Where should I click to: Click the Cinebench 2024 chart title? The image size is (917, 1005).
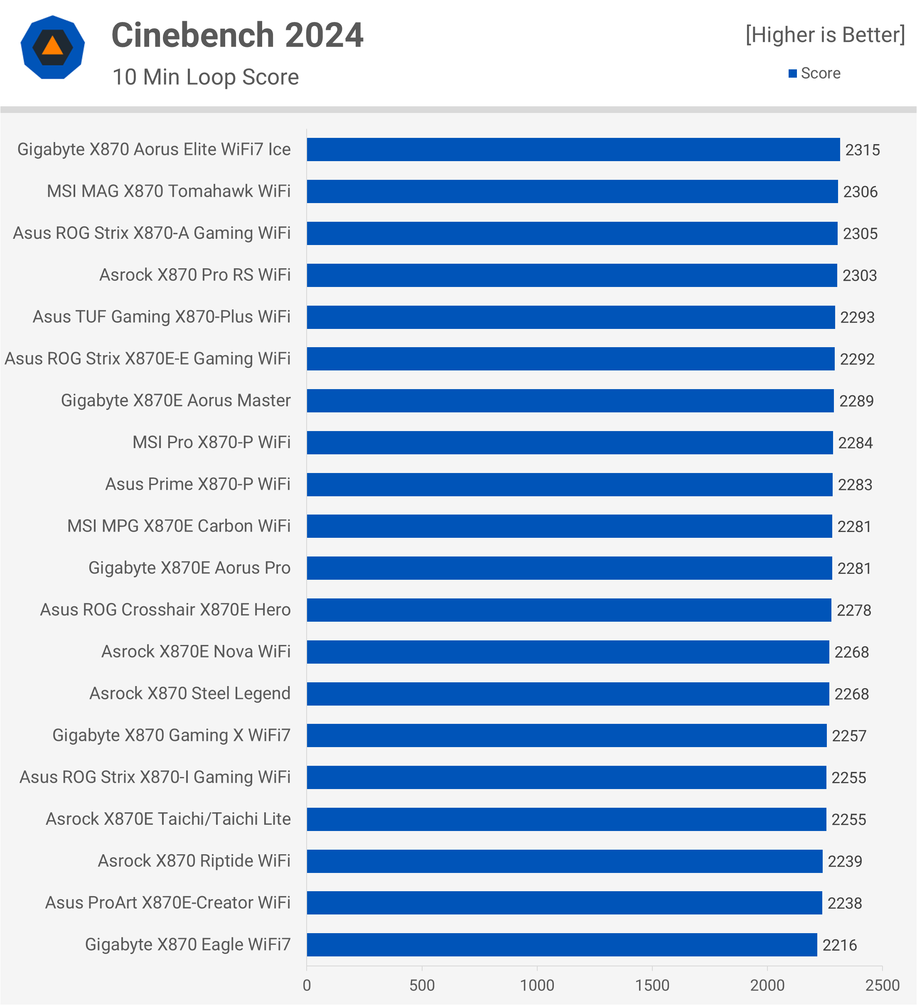click(237, 36)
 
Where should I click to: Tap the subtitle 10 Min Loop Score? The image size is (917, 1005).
click(205, 77)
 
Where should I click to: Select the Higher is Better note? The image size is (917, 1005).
click(825, 35)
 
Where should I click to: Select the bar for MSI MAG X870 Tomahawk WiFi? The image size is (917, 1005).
click(572, 191)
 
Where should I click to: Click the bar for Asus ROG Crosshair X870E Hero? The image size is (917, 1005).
click(568, 610)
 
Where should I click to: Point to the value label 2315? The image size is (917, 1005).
click(862, 150)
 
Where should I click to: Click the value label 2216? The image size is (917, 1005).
click(839, 945)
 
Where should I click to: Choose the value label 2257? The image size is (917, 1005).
click(849, 736)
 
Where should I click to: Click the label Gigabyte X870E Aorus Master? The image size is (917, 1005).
click(175, 401)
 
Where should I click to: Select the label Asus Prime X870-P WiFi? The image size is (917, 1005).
click(197, 485)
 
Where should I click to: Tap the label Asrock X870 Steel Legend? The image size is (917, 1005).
click(189, 694)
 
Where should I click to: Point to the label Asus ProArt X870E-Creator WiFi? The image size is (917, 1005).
click(167, 903)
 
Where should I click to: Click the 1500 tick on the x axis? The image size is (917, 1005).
click(652, 985)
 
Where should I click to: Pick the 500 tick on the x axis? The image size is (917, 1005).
click(422, 985)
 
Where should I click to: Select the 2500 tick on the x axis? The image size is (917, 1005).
click(882, 985)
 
